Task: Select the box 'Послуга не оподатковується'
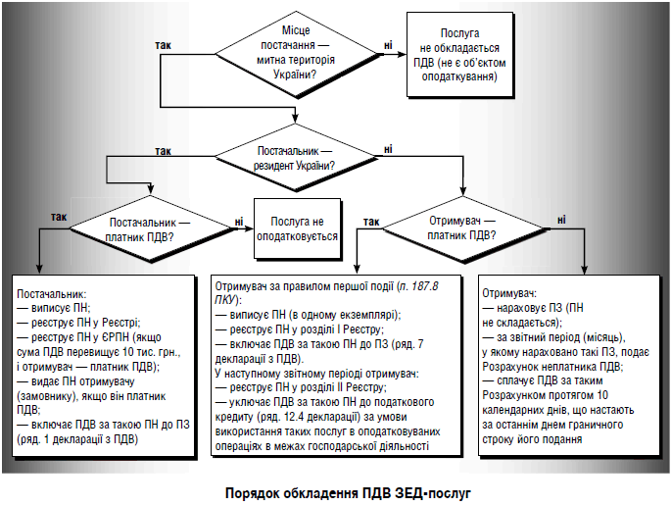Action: tap(297, 229)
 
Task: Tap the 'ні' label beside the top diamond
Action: tap(389, 45)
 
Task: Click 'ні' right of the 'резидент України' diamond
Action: tap(389, 148)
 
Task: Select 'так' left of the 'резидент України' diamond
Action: tap(163, 150)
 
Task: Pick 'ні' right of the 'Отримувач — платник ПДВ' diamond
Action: tap(561, 221)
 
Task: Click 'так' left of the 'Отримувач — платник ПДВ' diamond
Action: tap(371, 222)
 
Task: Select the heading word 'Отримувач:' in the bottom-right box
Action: tap(509, 293)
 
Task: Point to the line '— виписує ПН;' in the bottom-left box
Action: tap(55, 307)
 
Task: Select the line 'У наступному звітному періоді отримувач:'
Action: tap(316, 374)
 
